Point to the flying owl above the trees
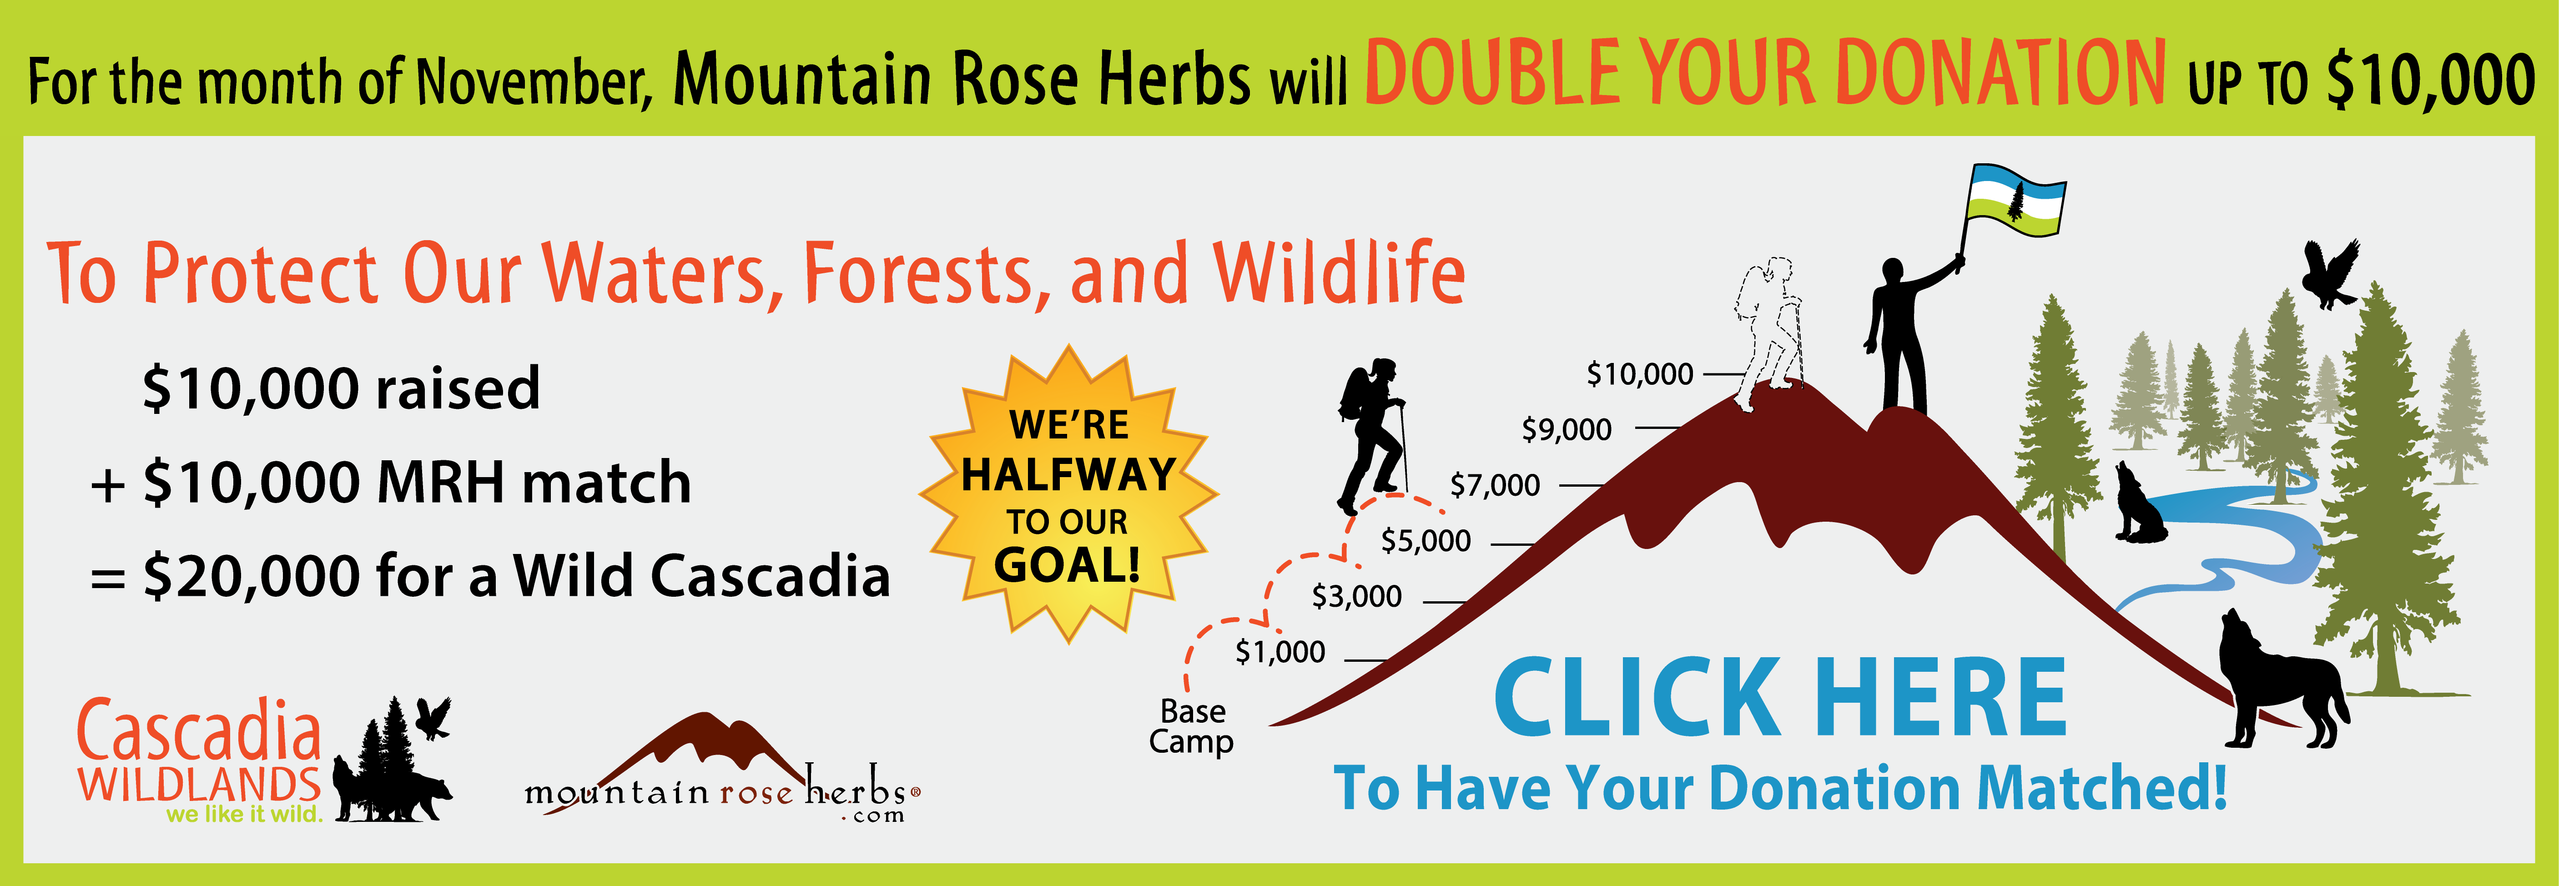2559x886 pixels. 2329,273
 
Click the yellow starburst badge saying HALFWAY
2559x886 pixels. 1068,493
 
